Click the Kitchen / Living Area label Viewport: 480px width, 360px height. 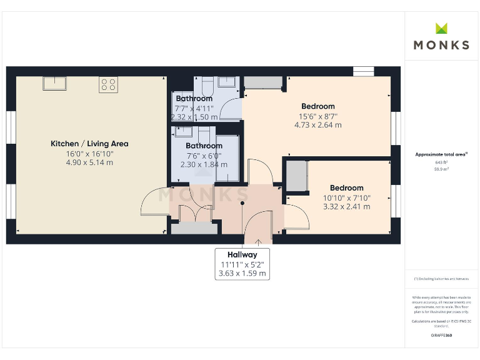pos(89,144)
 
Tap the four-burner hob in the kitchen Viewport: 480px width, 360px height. pos(107,84)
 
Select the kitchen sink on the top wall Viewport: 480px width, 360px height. pos(55,83)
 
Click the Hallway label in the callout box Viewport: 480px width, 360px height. pos(242,255)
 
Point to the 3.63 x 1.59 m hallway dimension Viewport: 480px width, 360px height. pos(242,273)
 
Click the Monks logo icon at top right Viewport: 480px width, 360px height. pos(441,28)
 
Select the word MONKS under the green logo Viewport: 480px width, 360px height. pos(441,45)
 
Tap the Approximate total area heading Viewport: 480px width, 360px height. pos(441,154)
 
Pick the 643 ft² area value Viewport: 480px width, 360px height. pos(441,162)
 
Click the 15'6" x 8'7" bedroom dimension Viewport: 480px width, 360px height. pos(318,116)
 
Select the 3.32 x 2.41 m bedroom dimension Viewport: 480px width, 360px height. pos(346,207)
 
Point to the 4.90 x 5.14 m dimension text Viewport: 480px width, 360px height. pos(89,162)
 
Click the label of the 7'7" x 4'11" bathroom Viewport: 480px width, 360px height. pos(194,99)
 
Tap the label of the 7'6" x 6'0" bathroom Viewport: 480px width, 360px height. pos(204,146)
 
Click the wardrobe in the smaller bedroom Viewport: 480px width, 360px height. pos(297,176)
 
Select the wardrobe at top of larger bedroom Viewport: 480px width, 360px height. pos(262,82)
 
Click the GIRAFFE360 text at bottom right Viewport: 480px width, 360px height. pos(441,336)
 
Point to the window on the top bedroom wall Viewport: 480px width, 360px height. pos(362,71)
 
